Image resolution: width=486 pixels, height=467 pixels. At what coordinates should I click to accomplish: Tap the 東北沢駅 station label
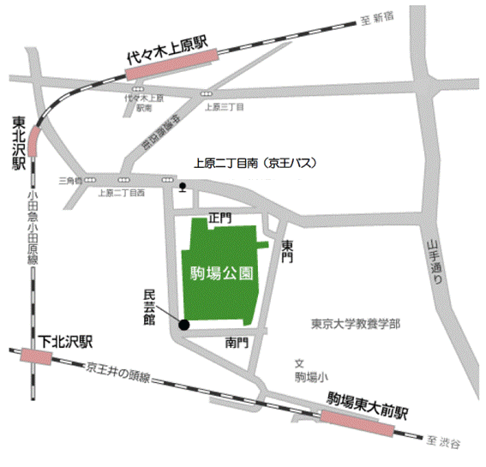point(18,141)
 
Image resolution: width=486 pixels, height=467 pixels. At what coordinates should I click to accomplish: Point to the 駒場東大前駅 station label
point(369,398)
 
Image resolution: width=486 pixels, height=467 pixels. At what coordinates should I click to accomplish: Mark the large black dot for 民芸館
point(183,324)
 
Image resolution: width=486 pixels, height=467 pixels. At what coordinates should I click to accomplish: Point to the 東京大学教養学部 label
point(355,325)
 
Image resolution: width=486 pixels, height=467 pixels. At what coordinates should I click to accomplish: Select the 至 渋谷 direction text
point(442,441)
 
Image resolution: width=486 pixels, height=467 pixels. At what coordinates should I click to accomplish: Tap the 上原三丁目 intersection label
point(225,107)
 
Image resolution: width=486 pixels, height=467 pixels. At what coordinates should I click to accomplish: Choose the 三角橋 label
point(69,180)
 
